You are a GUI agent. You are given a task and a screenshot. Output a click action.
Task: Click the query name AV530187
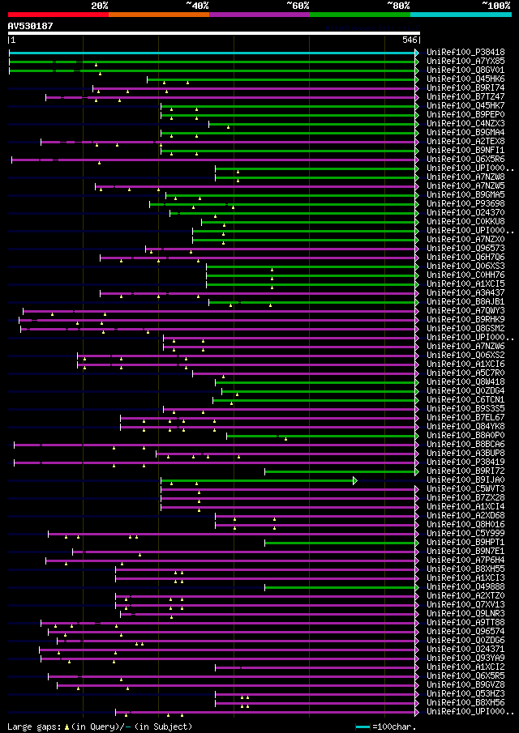[x=30, y=26]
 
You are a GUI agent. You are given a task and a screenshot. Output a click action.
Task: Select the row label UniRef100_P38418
[x=466, y=53]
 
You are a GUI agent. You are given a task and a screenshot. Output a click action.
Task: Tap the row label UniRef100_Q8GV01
[x=466, y=70]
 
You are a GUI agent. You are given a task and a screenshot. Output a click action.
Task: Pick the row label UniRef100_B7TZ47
[x=466, y=97]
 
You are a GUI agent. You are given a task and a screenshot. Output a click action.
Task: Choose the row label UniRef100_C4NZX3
[x=466, y=124]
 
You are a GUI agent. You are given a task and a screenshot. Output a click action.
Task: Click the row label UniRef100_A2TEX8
[x=466, y=142]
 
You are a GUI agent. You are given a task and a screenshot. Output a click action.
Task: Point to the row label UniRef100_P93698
[x=466, y=204]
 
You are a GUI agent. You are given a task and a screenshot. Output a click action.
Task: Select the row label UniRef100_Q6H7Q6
[x=466, y=258]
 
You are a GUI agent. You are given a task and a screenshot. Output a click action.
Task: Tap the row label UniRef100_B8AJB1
[x=466, y=302]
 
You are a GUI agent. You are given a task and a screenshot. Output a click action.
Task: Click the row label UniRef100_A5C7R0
[x=466, y=373]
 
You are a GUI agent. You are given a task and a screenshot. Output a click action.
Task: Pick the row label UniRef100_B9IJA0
[x=466, y=480]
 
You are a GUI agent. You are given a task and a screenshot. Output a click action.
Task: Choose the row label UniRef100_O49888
[x=466, y=587]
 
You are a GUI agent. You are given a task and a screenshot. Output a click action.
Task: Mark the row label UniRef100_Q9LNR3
[x=466, y=614]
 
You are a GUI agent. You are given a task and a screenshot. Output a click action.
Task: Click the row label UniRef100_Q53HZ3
[x=466, y=694]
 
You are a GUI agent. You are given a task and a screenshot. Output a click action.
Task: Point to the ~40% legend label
[x=197, y=5]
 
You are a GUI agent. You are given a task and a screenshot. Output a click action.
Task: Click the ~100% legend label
[x=495, y=5]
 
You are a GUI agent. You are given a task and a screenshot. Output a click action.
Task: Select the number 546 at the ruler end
[x=410, y=40]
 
